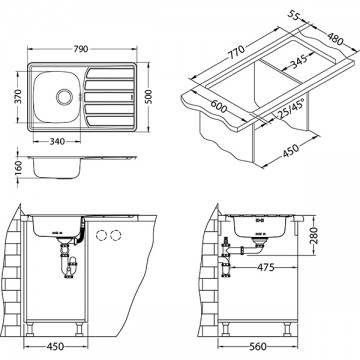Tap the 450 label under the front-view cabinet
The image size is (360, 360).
[x=62, y=348]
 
